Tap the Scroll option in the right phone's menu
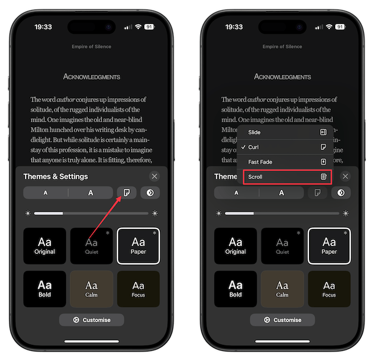pos(286,177)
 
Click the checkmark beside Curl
pos(243,147)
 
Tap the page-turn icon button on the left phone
pos(127,193)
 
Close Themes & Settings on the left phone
pos(154,176)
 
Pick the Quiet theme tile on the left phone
pos(92,246)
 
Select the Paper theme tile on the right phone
pos(329,246)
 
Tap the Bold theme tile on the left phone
pos(44,289)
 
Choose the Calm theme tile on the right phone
pos(282,289)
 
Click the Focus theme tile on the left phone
pos(138,289)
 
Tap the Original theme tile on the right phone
pos(235,246)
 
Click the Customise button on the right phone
pos(282,320)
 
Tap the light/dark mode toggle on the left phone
pos(150,193)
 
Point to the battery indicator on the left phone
pos(149,27)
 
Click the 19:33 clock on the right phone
pos(234,27)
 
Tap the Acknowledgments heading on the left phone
pos(92,77)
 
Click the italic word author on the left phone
pos(66,99)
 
